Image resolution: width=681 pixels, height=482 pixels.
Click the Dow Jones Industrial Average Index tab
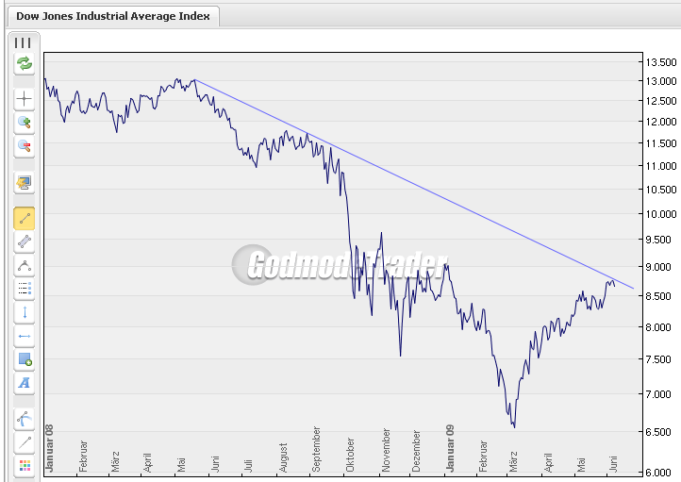tap(114, 17)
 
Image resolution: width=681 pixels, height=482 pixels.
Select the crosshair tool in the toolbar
tap(25, 98)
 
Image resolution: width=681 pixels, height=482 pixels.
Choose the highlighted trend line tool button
tap(25, 219)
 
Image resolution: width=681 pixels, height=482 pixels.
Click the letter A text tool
tap(25, 383)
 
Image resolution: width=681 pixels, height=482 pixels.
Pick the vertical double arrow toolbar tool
tap(25, 312)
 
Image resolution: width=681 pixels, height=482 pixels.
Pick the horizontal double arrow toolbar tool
tap(25, 336)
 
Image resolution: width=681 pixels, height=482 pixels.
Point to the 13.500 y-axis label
tap(660, 62)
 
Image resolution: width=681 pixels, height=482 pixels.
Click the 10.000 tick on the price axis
tap(660, 214)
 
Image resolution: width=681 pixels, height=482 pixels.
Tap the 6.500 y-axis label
tap(660, 432)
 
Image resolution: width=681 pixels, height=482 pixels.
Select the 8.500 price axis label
tap(660, 296)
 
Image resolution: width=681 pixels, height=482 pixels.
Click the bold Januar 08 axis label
tap(49, 447)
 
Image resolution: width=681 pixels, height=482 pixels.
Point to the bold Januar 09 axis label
tap(451, 447)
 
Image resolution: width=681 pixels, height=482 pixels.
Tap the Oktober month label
tap(351, 453)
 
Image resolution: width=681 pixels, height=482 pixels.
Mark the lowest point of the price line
tap(514, 427)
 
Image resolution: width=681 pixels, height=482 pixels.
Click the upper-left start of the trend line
tap(194, 80)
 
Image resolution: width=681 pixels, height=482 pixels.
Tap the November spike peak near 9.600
tap(381, 233)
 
